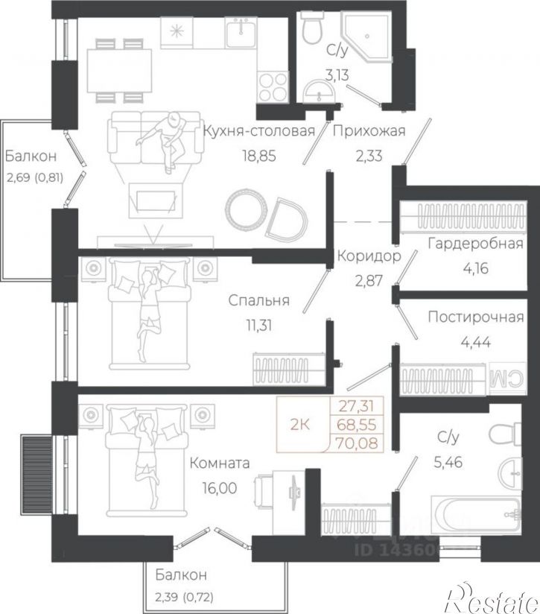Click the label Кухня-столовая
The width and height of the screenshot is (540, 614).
point(259,131)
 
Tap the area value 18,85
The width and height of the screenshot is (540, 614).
point(259,156)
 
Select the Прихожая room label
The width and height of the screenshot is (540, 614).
point(369,131)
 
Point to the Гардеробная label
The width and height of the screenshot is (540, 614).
point(475,243)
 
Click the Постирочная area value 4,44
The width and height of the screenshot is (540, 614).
point(476,342)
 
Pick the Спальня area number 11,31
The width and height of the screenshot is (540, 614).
point(258,325)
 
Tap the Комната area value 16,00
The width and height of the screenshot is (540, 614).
point(220,488)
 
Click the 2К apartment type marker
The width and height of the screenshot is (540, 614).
point(300,424)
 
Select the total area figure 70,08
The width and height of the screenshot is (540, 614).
point(357,443)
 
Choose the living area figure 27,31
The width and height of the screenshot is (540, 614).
point(357,406)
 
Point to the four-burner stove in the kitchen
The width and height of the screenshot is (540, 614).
point(273,87)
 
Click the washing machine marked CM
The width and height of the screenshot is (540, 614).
point(506,379)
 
